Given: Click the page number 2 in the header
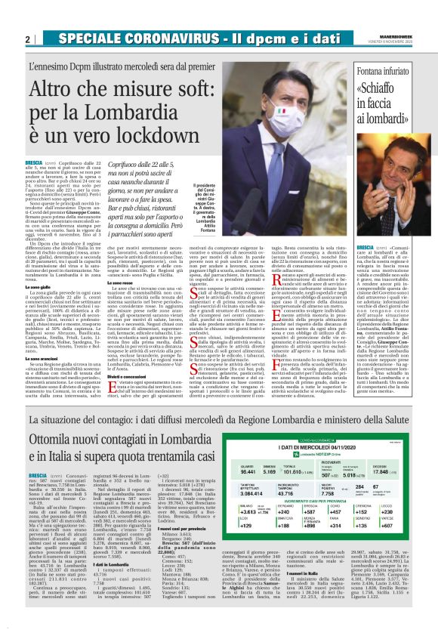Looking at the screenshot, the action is [x=27, y=39].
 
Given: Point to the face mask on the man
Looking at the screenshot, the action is [x=279, y=113].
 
